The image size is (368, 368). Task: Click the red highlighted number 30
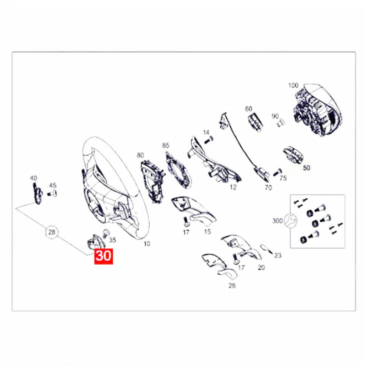point(103,256)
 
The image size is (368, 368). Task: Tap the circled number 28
point(52,232)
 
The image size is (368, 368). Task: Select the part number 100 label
point(293,85)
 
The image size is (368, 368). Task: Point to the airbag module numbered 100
point(318,110)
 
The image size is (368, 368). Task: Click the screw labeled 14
point(208,140)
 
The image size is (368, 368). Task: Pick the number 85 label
point(166,145)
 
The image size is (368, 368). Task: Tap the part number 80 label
point(140,155)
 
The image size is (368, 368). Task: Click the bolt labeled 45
point(52,194)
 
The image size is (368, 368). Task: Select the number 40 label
point(33,178)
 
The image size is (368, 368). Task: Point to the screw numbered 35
point(106,233)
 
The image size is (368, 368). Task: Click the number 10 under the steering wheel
point(147,244)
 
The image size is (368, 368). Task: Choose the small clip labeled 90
point(280,123)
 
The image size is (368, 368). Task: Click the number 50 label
point(307,168)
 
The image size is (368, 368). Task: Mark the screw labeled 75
point(277,172)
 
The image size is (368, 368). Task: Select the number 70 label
point(268,188)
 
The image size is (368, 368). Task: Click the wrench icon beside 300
point(291,220)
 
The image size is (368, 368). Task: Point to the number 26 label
point(232,286)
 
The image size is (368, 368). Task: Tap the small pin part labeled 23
point(266,249)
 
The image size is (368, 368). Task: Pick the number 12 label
point(233,187)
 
